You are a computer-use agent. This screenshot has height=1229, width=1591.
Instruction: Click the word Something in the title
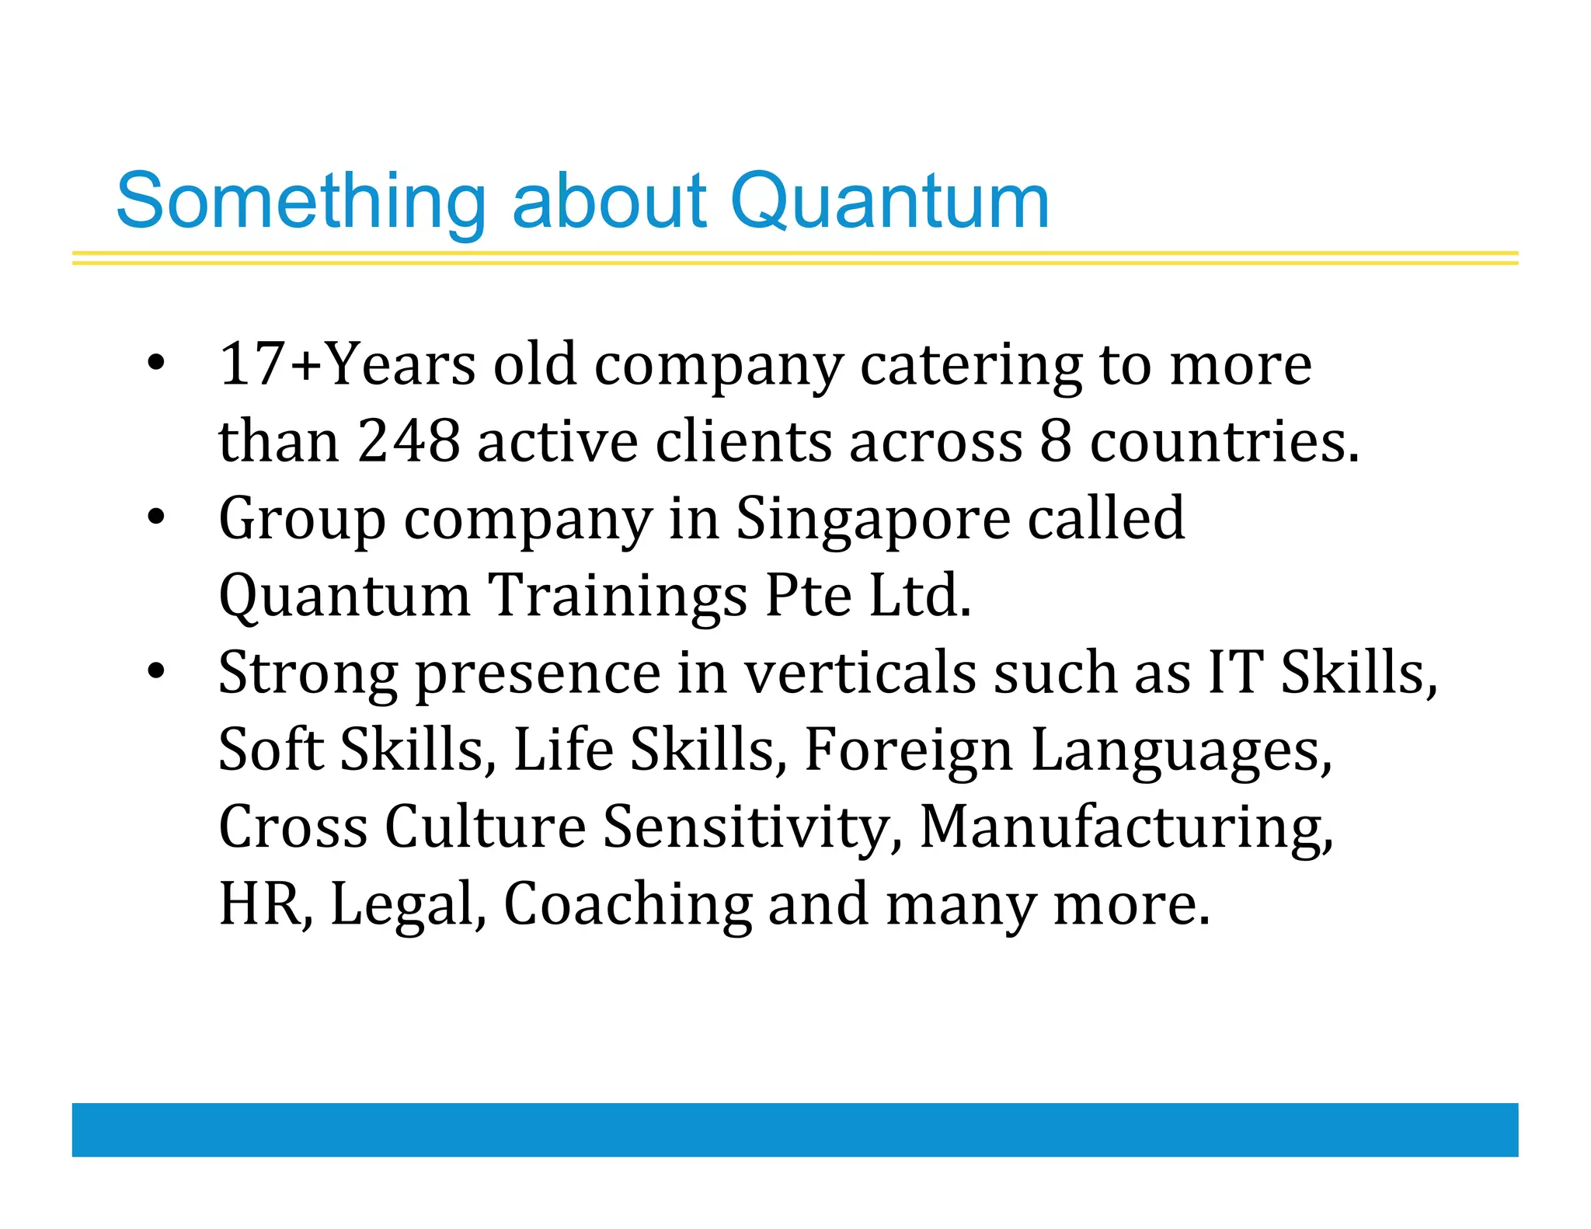(301, 202)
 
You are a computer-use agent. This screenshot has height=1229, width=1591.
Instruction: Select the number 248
(409, 441)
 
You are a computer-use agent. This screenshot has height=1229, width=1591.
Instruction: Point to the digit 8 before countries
(1055, 441)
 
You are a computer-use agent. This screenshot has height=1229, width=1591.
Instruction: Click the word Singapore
(872, 518)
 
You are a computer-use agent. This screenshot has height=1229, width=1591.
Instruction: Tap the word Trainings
(618, 596)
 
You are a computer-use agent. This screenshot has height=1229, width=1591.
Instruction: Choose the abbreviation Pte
(808, 596)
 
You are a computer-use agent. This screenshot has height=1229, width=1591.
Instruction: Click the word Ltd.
(920, 596)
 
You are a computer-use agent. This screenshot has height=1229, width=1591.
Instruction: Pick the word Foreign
(908, 750)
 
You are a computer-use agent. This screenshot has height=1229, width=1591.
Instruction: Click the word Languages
(1181, 750)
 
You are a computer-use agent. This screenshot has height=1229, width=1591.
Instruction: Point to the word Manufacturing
(1126, 827)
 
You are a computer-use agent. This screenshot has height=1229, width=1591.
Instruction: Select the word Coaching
(628, 904)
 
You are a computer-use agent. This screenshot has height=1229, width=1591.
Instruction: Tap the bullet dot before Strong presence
(156, 671)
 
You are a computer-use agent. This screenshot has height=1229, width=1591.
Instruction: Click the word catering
(970, 365)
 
